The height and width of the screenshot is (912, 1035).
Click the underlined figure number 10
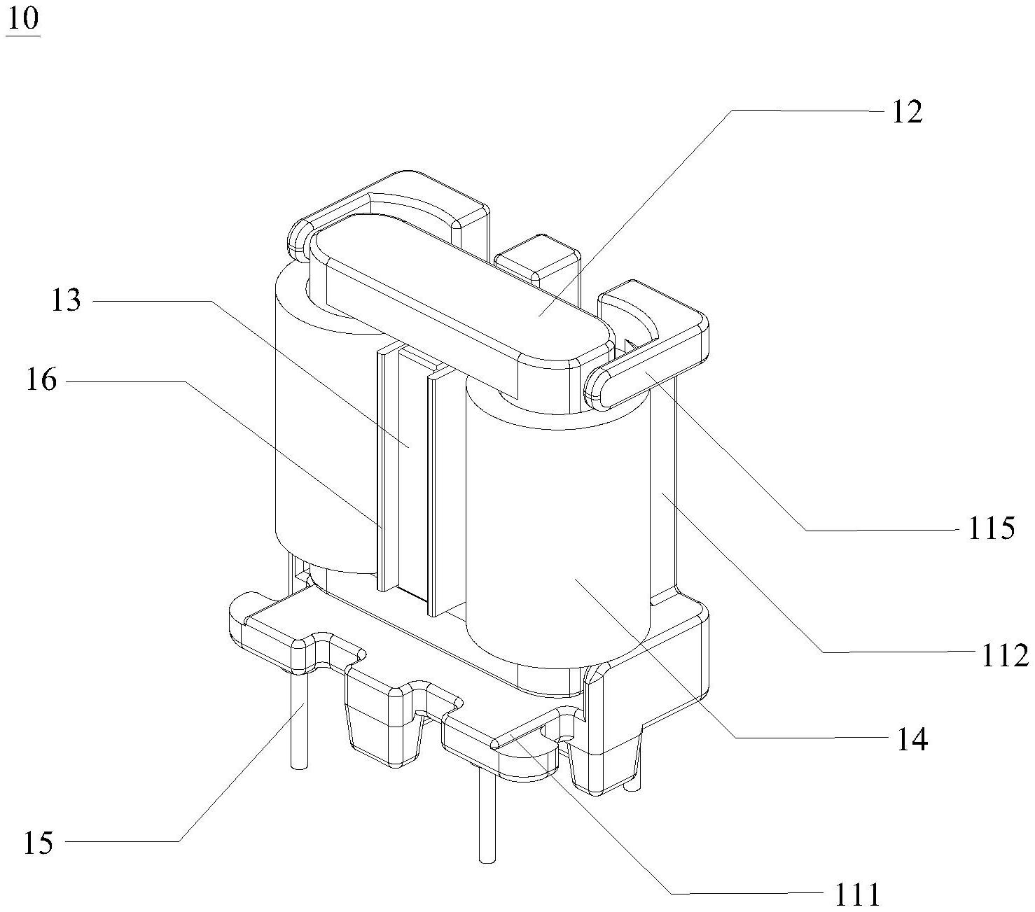click(23, 20)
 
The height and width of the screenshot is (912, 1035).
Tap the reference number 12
click(908, 112)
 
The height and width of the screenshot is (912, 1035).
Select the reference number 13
click(66, 300)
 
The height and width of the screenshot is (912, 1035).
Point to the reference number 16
click(41, 380)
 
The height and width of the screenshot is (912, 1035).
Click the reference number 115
click(992, 528)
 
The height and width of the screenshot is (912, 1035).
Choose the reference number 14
click(912, 739)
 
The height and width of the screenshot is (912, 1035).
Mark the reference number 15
click(39, 843)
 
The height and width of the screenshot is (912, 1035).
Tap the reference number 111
click(856, 895)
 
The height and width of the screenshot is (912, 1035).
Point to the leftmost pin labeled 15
click(298, 720)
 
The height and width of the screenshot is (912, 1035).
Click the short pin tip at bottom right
click(632, 787)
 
